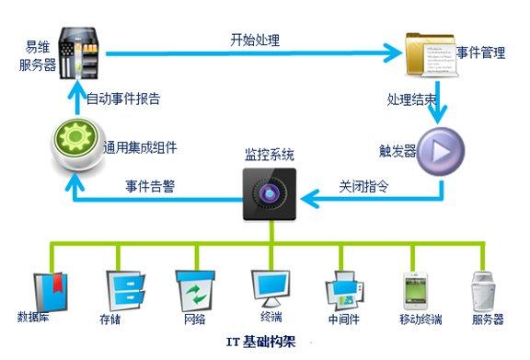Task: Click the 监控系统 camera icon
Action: (x=271, y=192)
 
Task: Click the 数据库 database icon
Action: (x=45, y=286)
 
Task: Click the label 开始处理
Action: (x=255, y=41)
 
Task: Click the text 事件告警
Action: (x=149, y=185)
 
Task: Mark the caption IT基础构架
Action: (x=267, y=342)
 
